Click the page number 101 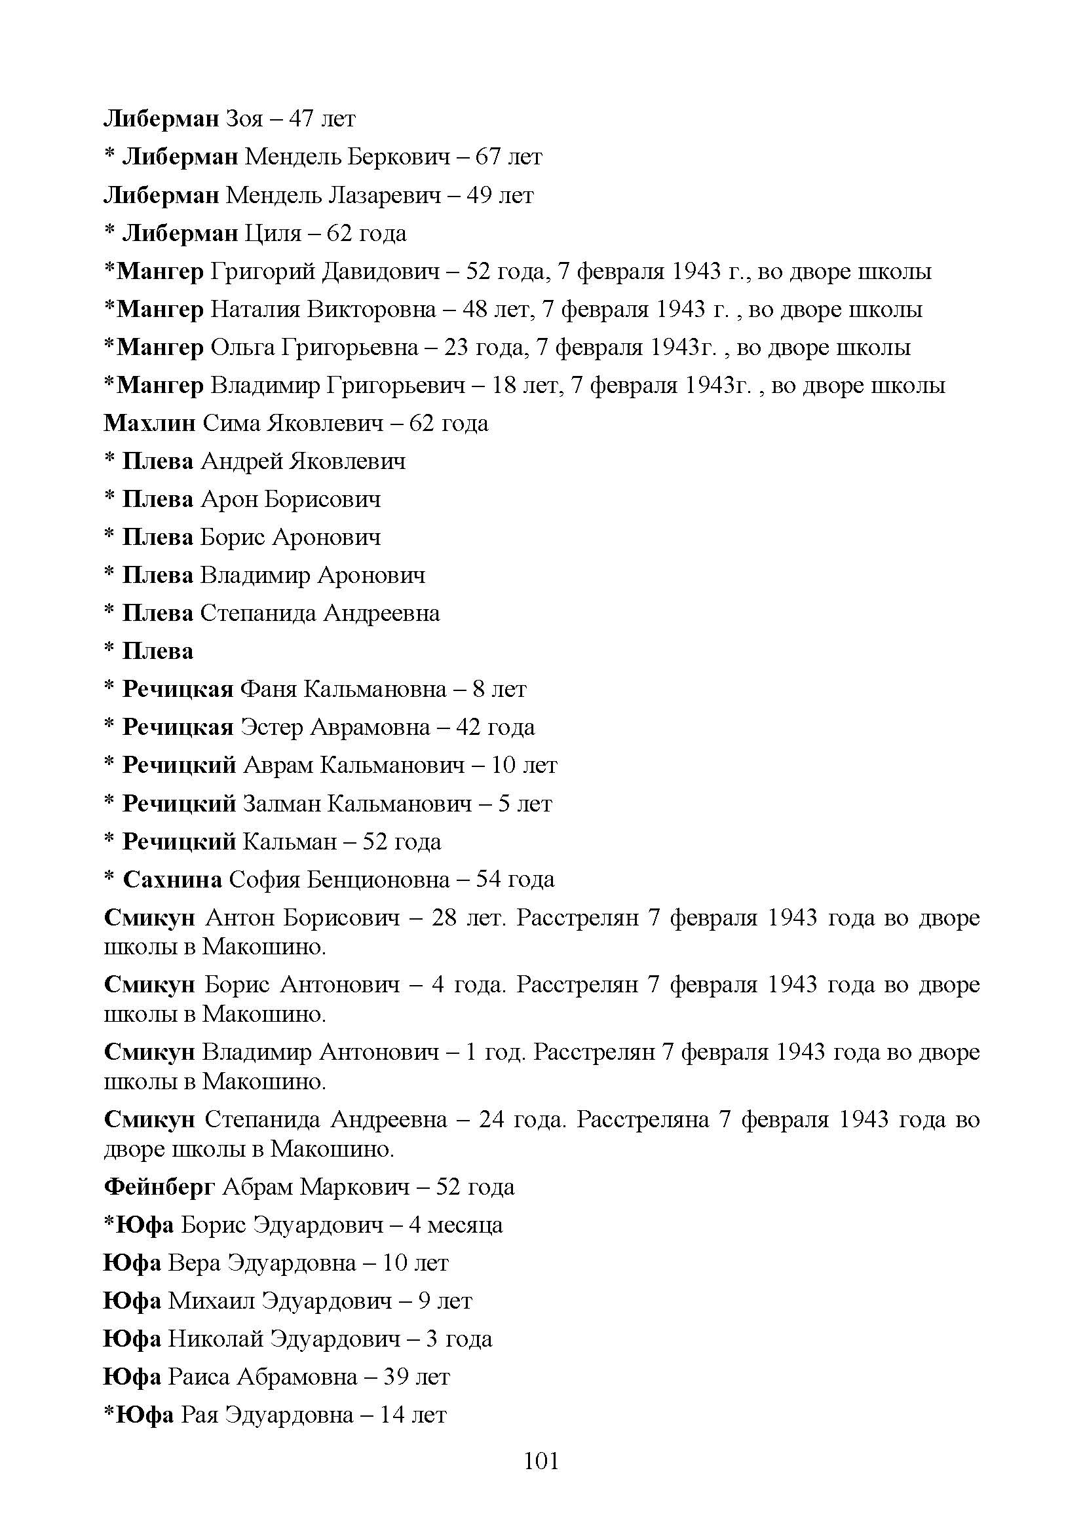click(x=541, y=1461)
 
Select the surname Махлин click(x=149, y=424)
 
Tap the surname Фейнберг click(x=159, y=1187)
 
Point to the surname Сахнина click(x=172, y=880)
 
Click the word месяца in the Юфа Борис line click(x=465, y=1225)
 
